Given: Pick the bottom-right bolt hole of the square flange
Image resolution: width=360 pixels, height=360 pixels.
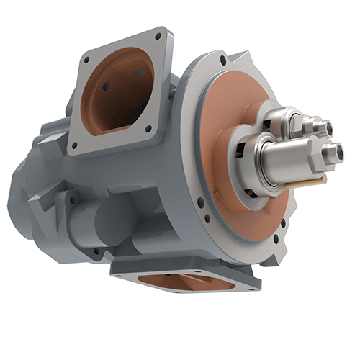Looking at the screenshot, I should [149, 130].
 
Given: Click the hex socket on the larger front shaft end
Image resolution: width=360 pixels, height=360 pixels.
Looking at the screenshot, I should [332, 152].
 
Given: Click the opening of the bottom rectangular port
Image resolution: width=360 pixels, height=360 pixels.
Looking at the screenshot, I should [184, 282].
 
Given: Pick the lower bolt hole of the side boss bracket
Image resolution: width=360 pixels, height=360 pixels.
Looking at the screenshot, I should [95, 251].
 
